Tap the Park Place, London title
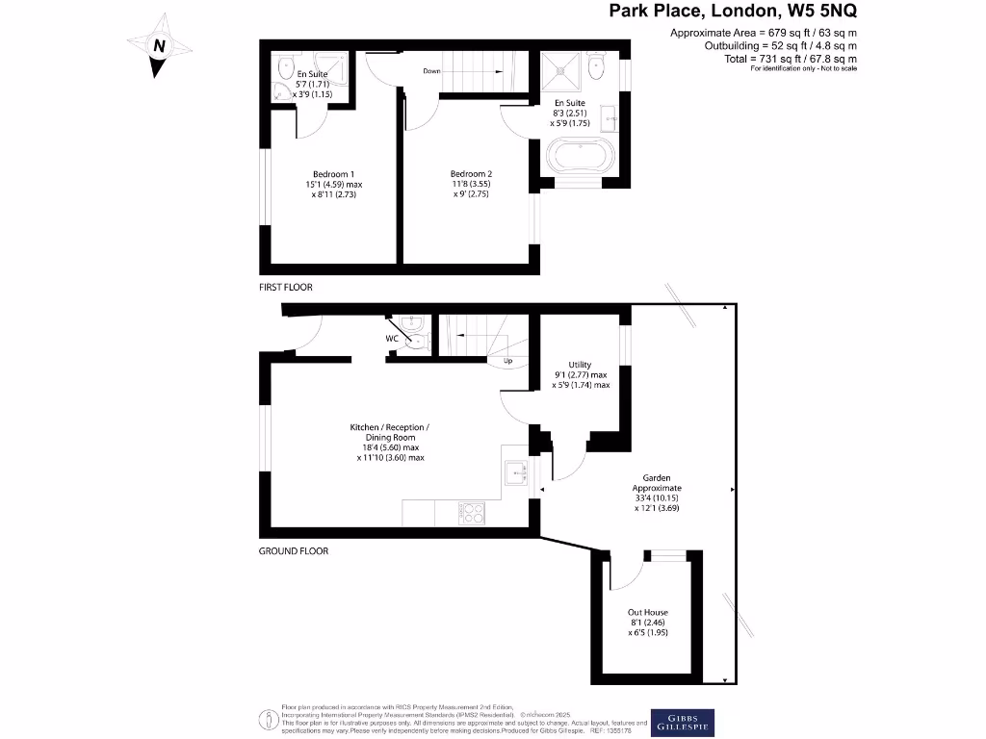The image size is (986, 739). pyautogui.click(x=733, y=12)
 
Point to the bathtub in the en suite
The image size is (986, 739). pyautogui.click(x=579, y=156)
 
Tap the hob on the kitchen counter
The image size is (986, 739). pyautogui.click(x=474, y=513)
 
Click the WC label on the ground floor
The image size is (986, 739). pyautogui.click(x=393, y=340)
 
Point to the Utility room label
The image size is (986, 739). pyautogui.click(x=580, y=365)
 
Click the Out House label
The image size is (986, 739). pyautogui.click(x=647, y=612)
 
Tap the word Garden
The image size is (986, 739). pyautogui.click(x=656, y=477)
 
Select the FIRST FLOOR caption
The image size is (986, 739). pyautogui.click(x=286, y=288)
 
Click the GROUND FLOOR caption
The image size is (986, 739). pyautogui.click(x=294, y=551)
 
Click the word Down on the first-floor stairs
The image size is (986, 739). pyautogui.click(x=432, y=70)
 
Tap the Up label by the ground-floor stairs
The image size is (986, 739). pyautogui.click(x=507, y=362)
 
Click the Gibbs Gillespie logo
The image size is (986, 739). pyautogui.click(x=683, y=722)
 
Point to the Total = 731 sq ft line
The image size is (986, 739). pyautogui.click(x=803, y=59)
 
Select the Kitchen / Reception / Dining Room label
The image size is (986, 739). pyautogui.click(x=389, y=432)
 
